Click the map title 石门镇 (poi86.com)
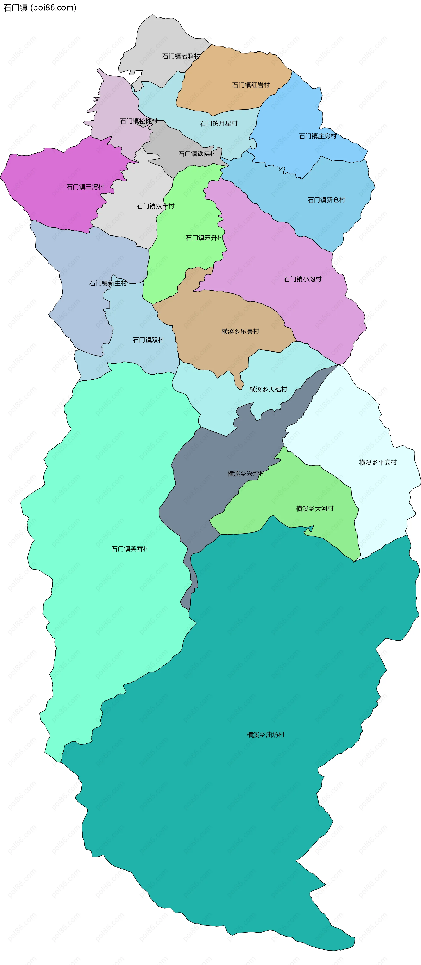point(40,7)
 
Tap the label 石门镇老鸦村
point(181,56)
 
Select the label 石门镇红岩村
point(251,85)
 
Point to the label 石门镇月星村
point(219,123)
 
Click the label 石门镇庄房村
point(318,136)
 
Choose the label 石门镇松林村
point(139,121)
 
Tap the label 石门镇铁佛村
point(197,154)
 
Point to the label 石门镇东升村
point(204,238)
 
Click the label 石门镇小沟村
point(303,279)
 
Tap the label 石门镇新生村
point(108,283)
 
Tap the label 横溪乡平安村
point(378,462)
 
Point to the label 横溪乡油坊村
point(265,735)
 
